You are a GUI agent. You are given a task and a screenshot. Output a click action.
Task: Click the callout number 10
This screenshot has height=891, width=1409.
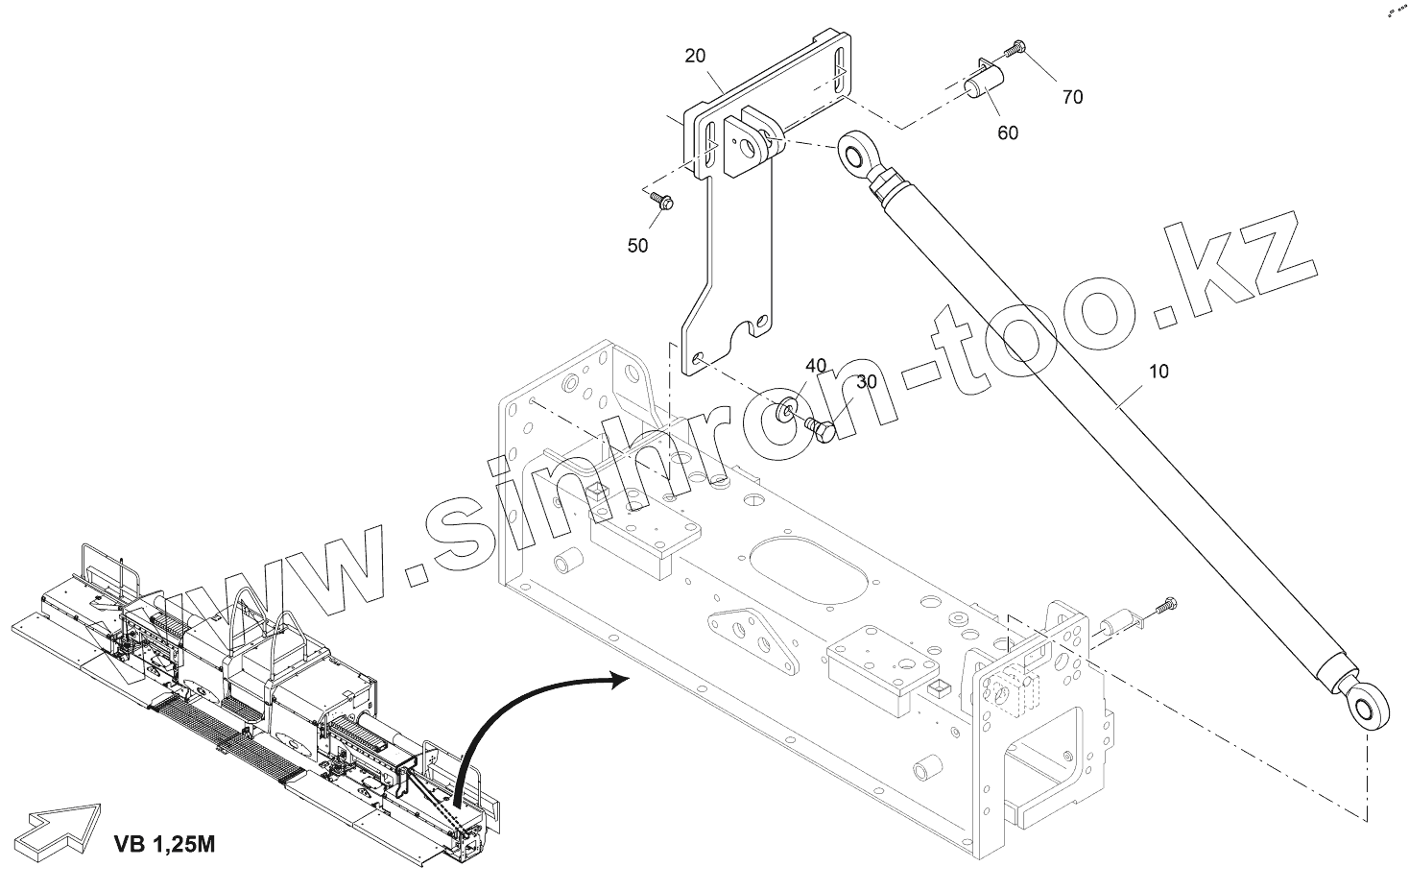(x=1159, y=372)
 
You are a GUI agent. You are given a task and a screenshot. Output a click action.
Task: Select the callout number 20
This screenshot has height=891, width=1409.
(x=696, y=56)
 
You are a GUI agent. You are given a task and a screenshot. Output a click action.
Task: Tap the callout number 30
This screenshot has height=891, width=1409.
(x=867, y=382)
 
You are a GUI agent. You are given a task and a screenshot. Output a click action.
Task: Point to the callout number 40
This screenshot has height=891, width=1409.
(x=815, y=366)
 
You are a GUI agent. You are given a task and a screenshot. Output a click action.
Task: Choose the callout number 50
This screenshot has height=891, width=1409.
(x=637, y=246)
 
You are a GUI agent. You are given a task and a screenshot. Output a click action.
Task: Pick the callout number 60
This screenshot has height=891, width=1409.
(x=1007, y=133)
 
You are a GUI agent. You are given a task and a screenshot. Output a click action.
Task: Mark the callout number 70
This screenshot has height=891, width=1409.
(x=1072, y=96)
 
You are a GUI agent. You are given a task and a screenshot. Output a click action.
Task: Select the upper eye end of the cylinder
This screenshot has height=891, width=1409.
(x=853, y=153)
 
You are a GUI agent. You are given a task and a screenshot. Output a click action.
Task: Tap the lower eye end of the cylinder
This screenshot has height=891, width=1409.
(x=1362, y=709)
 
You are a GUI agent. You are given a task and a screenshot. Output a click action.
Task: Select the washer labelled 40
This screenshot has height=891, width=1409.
(x=785, y=410)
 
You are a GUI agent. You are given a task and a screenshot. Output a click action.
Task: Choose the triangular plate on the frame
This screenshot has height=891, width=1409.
(x=752, y=640)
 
